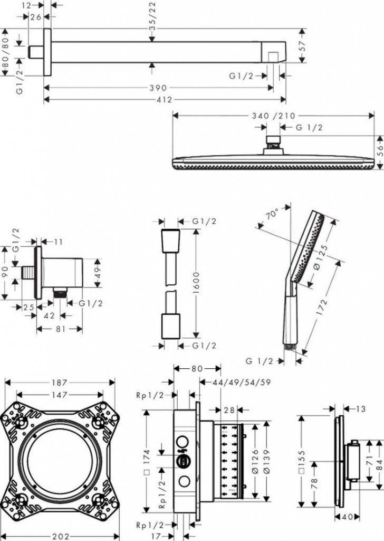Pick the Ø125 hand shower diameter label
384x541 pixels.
[323, 258]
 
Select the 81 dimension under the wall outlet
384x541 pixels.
[59, 329]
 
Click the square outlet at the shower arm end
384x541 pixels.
[272, 55]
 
